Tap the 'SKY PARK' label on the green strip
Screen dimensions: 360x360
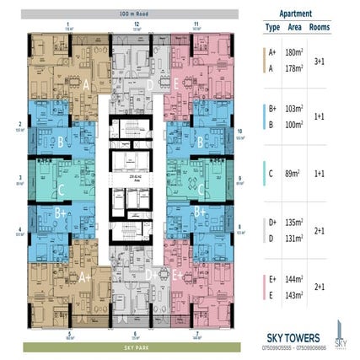click(x=136, y=346)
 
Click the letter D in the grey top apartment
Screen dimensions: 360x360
click(x=150, y=84)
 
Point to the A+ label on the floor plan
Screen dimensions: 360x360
click(x=85, y=275)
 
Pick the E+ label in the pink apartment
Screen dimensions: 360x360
click(x=178, y=275)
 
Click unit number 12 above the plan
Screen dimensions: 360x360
click(x=136, y=25)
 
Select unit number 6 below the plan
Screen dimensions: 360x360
click(x=69, y=334)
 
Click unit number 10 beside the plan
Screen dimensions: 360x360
click(x=240, y=131)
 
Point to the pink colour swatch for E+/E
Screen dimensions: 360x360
click(x=265, y=291)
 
